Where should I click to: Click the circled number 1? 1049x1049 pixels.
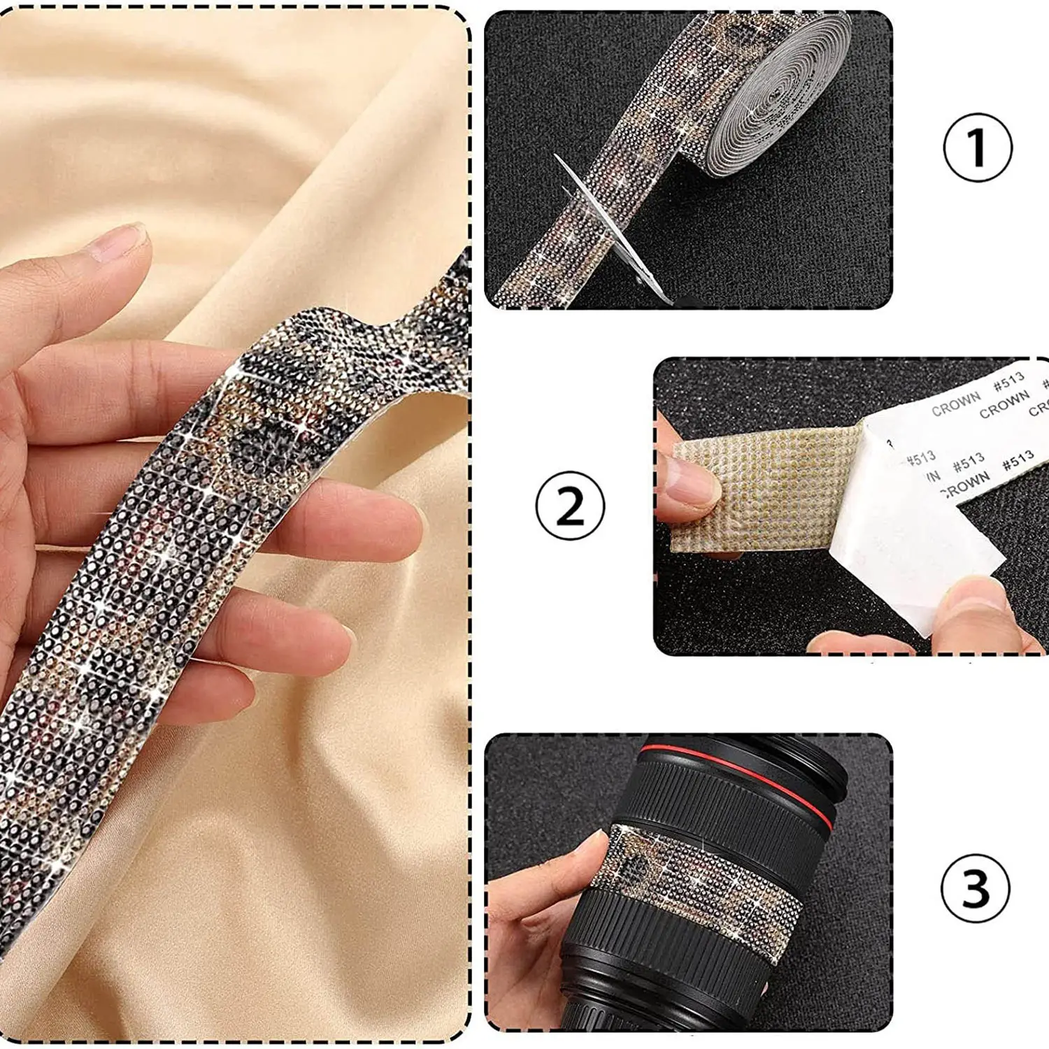977,148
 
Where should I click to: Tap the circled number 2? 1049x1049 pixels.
569,506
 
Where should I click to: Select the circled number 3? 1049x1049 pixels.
976,887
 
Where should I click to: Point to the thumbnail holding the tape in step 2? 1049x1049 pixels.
689,483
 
